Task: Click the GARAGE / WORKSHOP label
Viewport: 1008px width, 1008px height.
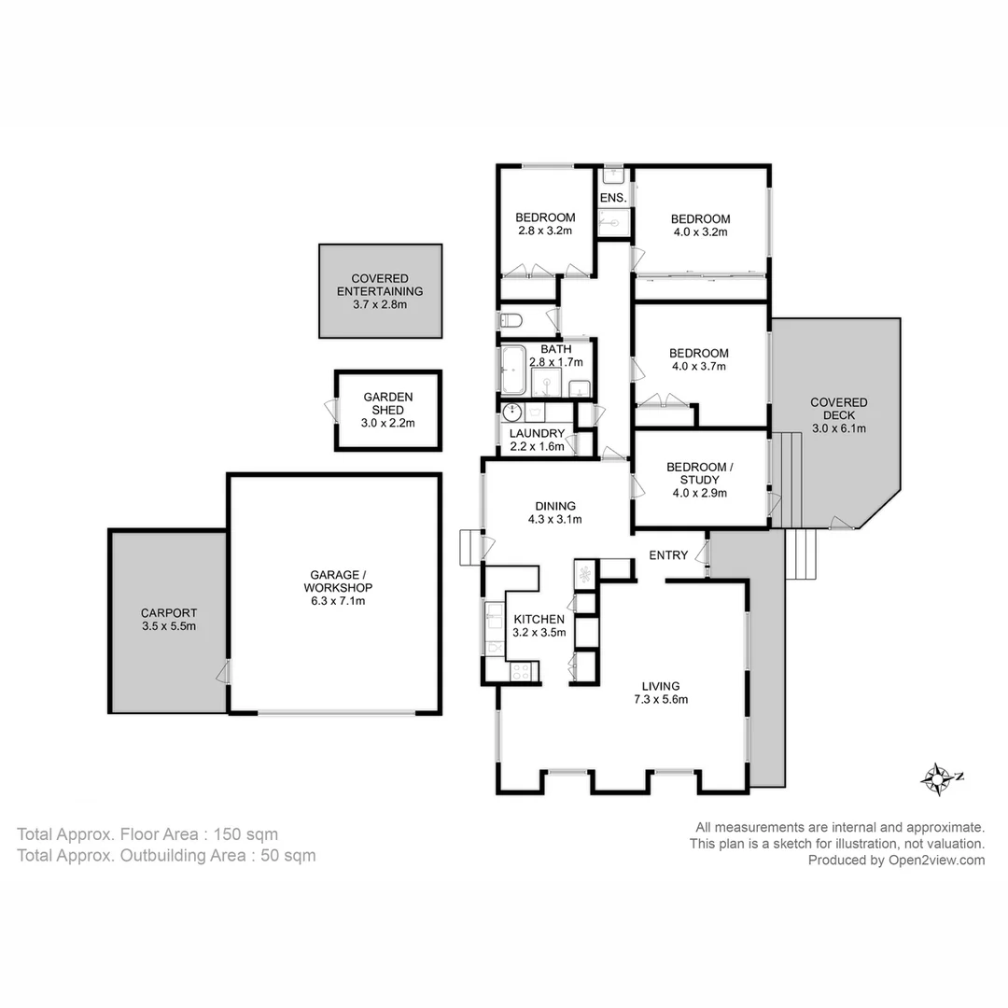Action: coord(338,581)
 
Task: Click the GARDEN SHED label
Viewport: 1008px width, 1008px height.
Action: coord(388,403)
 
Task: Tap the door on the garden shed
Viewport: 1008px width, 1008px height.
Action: coord(330,411)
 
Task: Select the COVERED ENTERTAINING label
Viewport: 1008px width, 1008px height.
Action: coord(380,285)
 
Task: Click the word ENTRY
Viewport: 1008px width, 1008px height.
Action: coord(668,555)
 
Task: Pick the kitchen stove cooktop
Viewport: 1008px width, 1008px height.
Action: coord(521,670)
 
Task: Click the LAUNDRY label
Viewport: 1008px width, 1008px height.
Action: coord(537,433)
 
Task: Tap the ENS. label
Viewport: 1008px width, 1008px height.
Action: coord(612,199)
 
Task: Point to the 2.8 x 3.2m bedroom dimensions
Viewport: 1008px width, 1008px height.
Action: coord(545,231)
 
